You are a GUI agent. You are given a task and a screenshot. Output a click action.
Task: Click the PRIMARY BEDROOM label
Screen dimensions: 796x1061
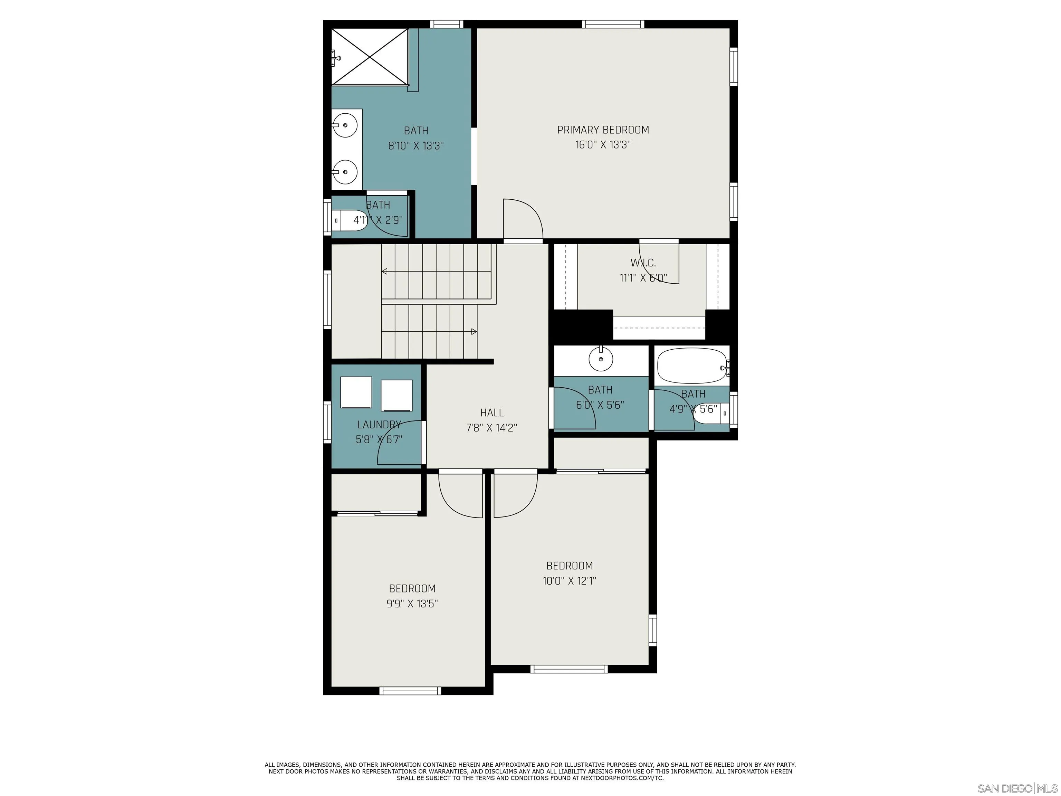click(603, 130)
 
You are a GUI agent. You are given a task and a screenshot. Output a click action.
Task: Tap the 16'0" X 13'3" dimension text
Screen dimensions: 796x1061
click(603, 145)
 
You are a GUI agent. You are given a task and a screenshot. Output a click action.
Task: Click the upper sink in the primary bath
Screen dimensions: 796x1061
click(345, 125)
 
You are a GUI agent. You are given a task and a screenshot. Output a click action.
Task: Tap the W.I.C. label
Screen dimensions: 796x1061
click(643, 263)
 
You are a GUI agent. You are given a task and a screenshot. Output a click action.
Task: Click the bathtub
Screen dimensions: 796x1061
click(692, 366)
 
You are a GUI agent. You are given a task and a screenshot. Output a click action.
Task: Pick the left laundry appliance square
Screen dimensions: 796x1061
click(356, 392)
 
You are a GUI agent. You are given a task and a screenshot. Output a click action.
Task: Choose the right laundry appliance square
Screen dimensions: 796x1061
click(397, 395)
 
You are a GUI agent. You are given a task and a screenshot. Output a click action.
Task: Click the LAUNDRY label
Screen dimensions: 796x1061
click(379, 425)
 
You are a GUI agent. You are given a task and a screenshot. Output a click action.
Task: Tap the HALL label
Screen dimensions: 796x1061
click(492, 413)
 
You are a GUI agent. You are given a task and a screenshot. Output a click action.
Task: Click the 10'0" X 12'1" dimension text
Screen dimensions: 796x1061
click(569, 581)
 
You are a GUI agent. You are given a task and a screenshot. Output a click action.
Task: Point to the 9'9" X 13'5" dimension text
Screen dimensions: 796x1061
click(412, 604)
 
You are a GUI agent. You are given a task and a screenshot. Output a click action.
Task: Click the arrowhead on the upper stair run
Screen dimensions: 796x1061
click(384, 272)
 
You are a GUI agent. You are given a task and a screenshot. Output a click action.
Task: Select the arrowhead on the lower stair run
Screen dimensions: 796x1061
click(474, 332)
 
